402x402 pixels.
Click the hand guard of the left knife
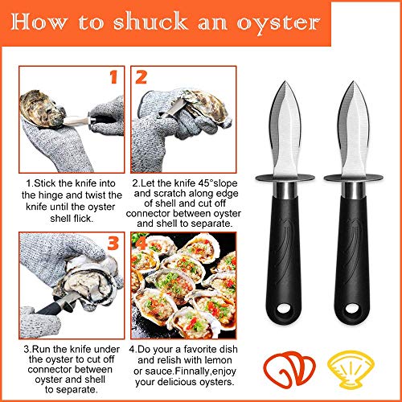click(288, 176)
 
